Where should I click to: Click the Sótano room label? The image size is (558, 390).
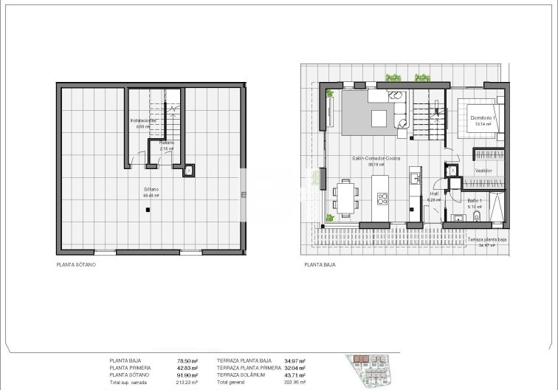point(151,190)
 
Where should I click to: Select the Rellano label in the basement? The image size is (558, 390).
point(166,143)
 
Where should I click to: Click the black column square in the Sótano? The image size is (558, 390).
point(149,211)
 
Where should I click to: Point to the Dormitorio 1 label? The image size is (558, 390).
point(483,118)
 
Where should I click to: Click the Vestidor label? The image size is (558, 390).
point(483,170)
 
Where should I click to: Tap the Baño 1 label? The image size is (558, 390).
point(475,200)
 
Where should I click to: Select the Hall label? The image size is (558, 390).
point(435,194)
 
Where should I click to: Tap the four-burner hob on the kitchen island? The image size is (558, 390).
point(383,198)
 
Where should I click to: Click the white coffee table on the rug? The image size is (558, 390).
point(379,118)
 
